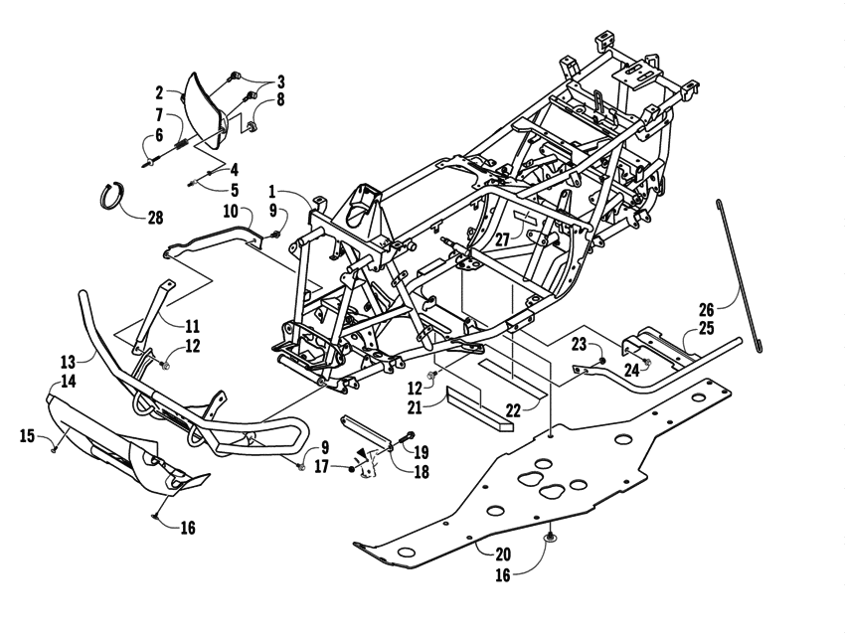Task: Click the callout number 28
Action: click(155, 218)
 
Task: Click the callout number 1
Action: click(272, 190)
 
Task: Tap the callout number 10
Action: click(230, 211)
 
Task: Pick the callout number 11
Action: click(192, 324)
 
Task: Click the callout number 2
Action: click(159, 92)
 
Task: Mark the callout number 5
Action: click(235, 189)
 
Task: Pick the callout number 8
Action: click(280, 99)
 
